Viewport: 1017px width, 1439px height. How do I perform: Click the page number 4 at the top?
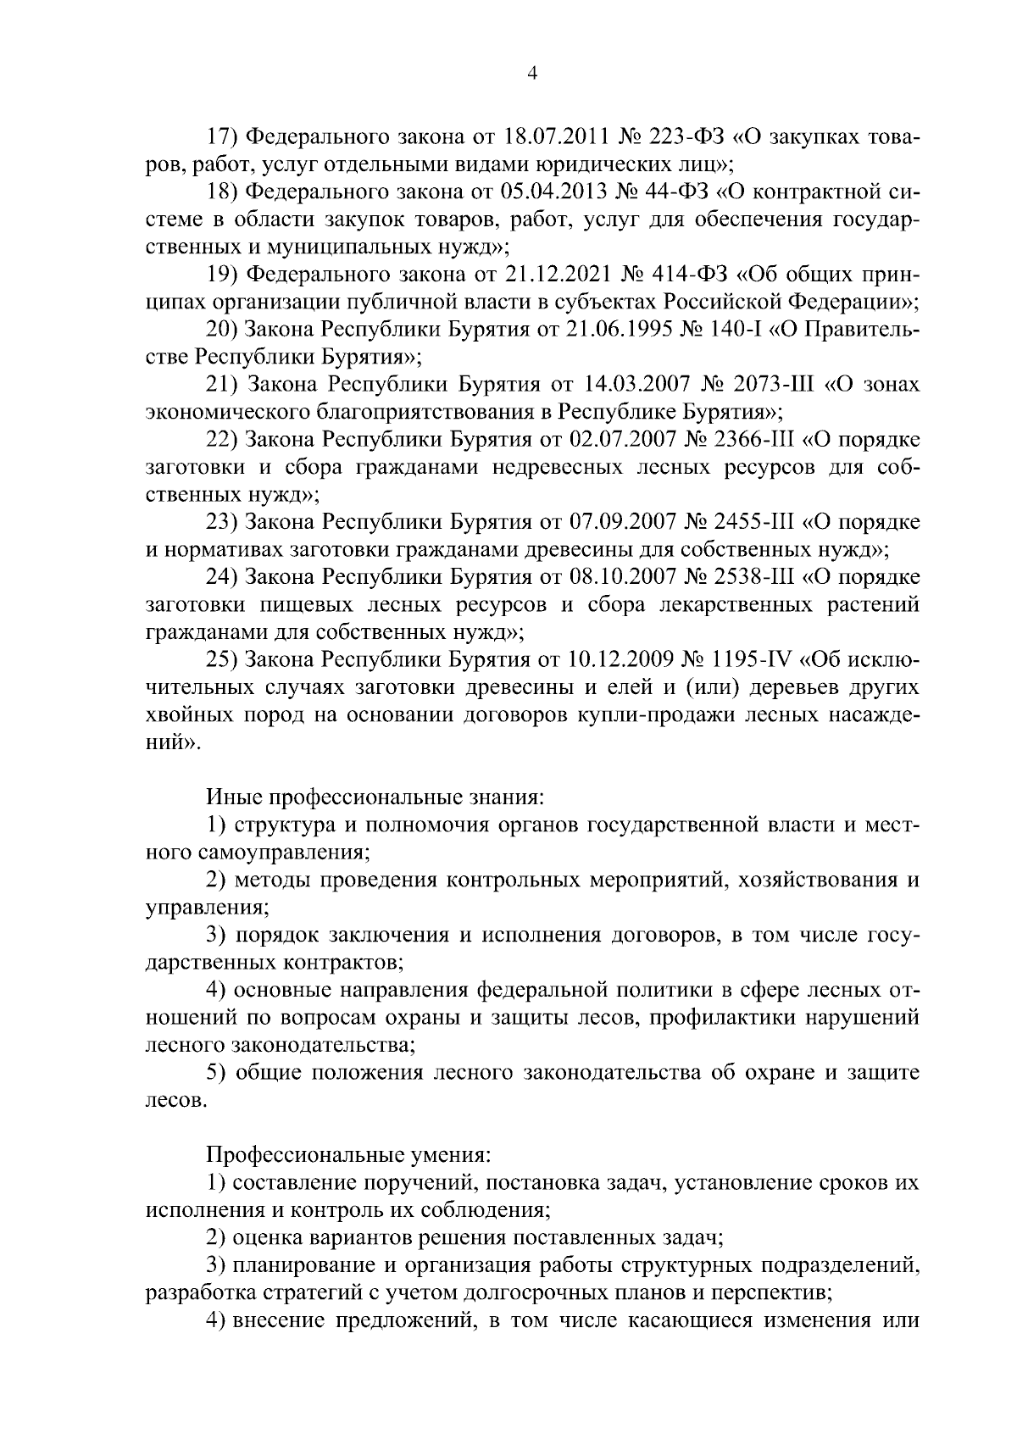(x=531, y=74)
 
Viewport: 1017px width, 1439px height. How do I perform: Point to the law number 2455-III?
(x=750, y=522)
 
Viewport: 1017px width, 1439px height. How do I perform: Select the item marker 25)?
(x=222, y=659)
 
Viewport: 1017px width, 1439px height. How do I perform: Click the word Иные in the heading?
(x=233, y=797)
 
